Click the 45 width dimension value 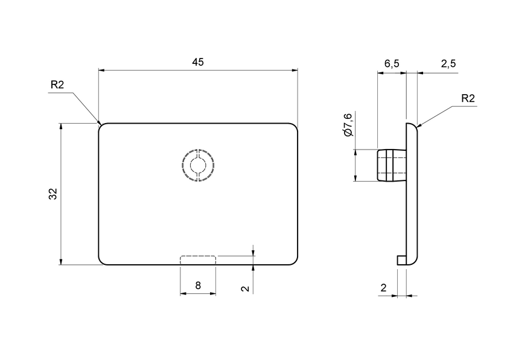pyautogui.click(x=199, y=62)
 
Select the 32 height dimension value pyautogui.click(x=53, y=194)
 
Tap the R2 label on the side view pyautogui.click(x=468, y=98)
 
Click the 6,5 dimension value pyautogui.click(x=392, y=64)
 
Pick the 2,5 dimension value pyautogui.click(x=448, y=64)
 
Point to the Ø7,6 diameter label pyautogui.click(x=348, y=124)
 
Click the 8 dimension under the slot pyautogui.click(x=198, y=286)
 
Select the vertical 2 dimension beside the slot pyautogui.click(x=244, y=288)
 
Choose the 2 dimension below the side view pyautogui.click(x=383, y=288)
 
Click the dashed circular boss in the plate pyautogui.click(x=198, y=164)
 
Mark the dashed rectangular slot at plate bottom pyautogui.click(x=198, y=260)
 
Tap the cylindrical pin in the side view pyautogui.click(x=390, y=165)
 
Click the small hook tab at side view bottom pyautogui.click(x=401, y=259)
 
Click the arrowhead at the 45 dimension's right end pyautogui.click(x=295, y=71)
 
